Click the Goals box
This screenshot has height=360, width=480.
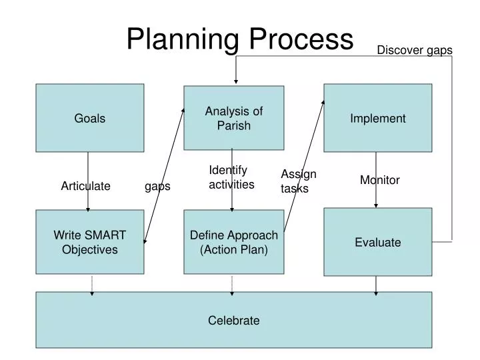[x=89, y=118]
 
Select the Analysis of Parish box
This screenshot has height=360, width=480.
[x=233, y=118]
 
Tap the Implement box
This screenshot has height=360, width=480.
[x=377, y=118]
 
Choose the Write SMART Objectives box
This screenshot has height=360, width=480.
[x=89, y=242]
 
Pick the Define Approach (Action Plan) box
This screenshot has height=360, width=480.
[x=233, y=242]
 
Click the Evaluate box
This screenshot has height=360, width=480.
[x=377, y=242]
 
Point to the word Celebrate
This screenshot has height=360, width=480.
[x=233, y=321]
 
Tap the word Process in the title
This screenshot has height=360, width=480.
[x=301, y=39]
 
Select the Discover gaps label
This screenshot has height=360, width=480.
[x=414, y=50]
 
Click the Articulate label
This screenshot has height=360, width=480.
[x=85, y=186]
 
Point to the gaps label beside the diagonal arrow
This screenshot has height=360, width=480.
[x=157, y=186]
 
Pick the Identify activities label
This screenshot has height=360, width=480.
[x=231, y=177]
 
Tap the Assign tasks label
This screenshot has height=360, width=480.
[x=298, y=181]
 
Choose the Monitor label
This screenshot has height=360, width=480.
[x=379, y=180]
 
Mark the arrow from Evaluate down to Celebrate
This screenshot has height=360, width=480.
[x=376, y=285]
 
